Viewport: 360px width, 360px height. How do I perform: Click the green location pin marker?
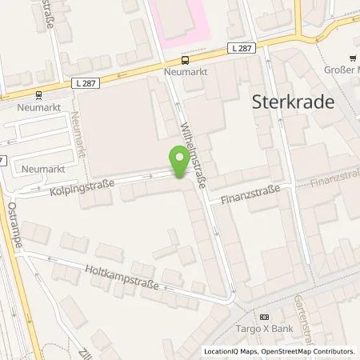pos(179,162)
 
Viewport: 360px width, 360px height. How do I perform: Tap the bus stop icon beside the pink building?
pos(185,58)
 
